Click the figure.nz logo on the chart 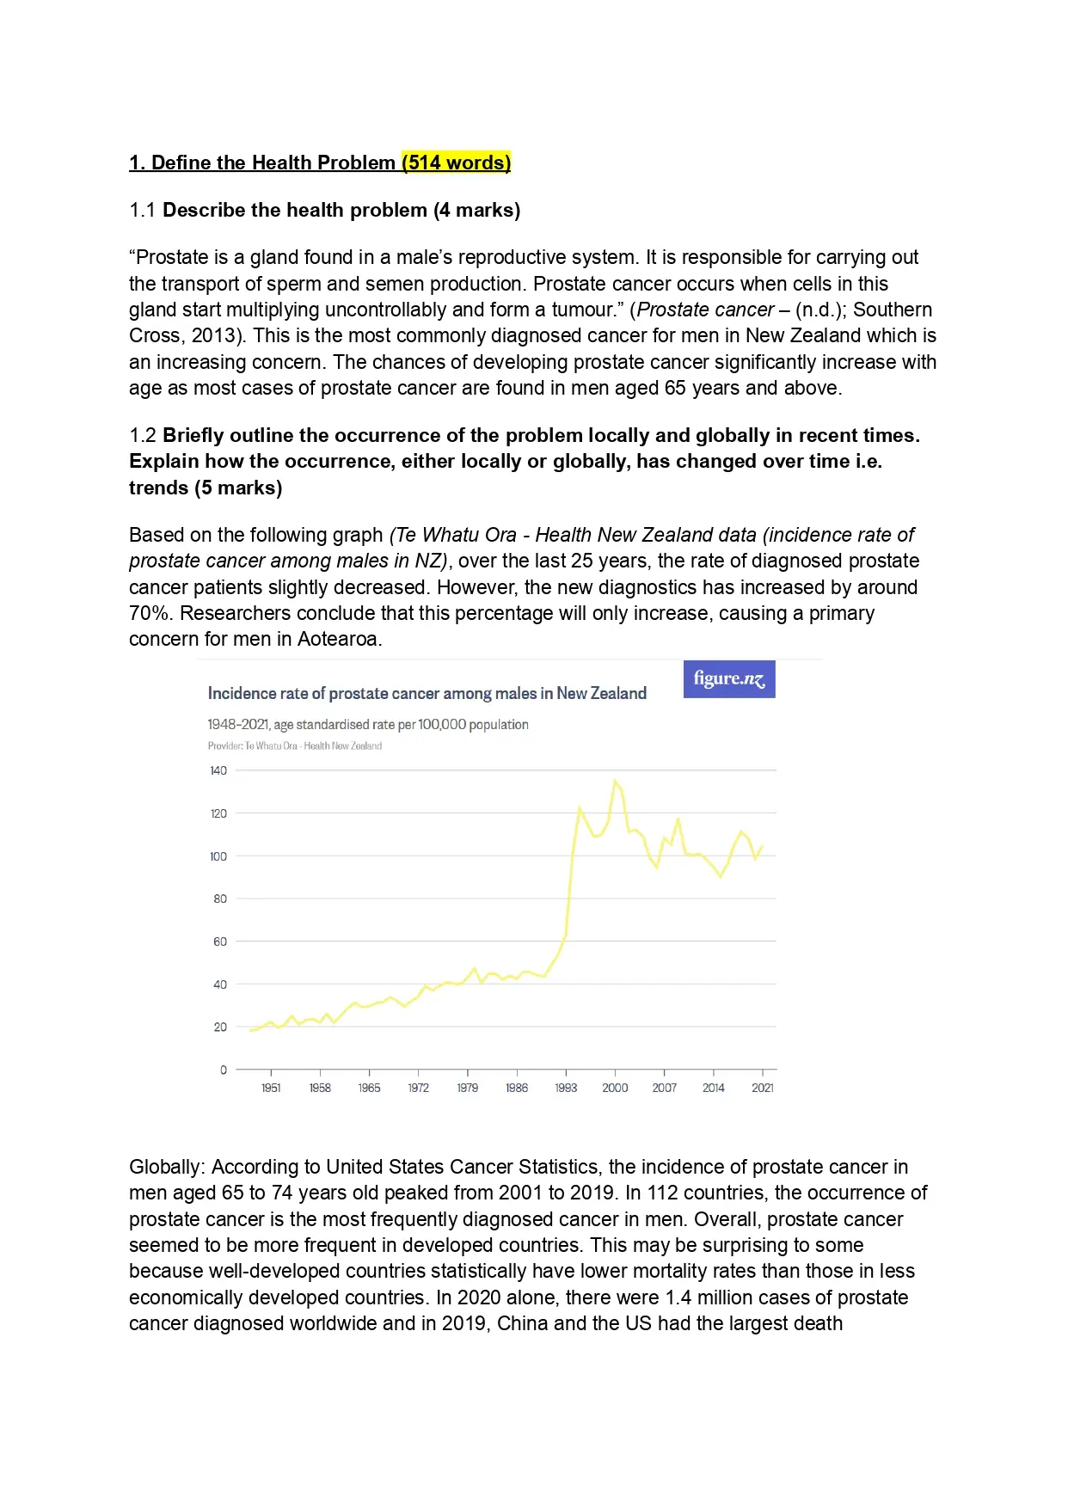pyautogui.click(x=729, y=679)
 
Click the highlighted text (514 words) pyautogui.click(x=456, y=163)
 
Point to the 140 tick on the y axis pyautogui.click(x=218, y=770)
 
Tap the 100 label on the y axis pyautogui.click(x=218, y=856)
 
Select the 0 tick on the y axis pyautogui.click(x=224, y=1070)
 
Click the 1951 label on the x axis pyautogui.click(x=271, y=1089)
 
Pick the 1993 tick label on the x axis pyautogui.click(x=566, y=1089)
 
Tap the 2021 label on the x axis pyautogui.click(x=763, y=1089)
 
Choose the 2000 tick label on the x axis pyautogui.click(x=615, y=1089)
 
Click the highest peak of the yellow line pyautogui.click(x=615, y=781)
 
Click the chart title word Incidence pyautogui.click(x=242, y=694)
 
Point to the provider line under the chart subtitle pyautogui.click(x=295, y=746)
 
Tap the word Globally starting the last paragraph pyautogui.click(x=166, y=1168)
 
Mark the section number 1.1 pyautogui.click(x=143, y=211)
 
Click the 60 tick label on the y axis pyautogui.click(x=220, y=942)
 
